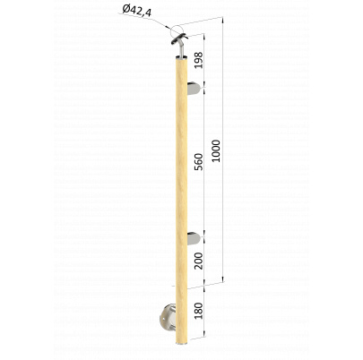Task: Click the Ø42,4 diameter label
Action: (136, 11)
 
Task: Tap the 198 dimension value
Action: (198, 60)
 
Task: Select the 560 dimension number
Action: (198, 162)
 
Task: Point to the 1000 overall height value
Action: (216, 151)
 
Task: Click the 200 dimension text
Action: (198, 261)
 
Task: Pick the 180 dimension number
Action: (198, 311)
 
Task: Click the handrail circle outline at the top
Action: (177, 30)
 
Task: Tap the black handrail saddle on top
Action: (179, 39)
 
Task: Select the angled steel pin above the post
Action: (181, 48)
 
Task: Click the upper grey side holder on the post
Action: (194, 89)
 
